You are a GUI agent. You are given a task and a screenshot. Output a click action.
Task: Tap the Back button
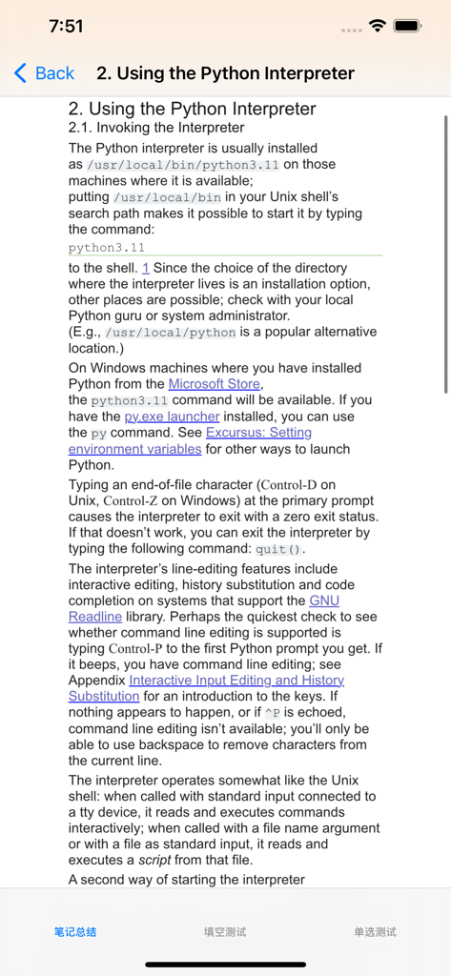[x=44, y=73]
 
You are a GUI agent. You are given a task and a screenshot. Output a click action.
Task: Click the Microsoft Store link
[x=215, y=384]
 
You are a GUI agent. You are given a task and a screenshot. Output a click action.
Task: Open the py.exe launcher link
[x=172, y=417]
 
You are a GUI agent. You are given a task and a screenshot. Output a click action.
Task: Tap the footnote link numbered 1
[x=146, y=269]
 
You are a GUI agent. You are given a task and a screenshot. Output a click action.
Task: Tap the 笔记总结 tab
[x=75, y=931]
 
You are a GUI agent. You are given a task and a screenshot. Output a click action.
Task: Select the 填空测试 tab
[x=225, y=931]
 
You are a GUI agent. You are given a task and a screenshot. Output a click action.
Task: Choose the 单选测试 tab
[x=375, y=931]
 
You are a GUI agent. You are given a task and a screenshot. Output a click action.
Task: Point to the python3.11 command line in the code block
[x=107, y=248]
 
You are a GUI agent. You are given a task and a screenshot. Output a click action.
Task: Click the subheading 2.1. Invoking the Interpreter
[x=156, y=128]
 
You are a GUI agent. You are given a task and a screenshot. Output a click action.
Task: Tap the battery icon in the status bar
[x=407, y=27]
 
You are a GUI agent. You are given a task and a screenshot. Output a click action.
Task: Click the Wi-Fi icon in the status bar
[x=378, y=27]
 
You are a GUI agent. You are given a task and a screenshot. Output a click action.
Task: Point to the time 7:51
[x=66, y=27]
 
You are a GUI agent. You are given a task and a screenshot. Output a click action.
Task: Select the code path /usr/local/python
[x=170, y=333]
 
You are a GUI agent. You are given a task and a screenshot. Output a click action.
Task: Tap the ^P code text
[x=274, y=713]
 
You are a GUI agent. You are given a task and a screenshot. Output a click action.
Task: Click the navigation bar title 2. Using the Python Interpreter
[x=225, y=73]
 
